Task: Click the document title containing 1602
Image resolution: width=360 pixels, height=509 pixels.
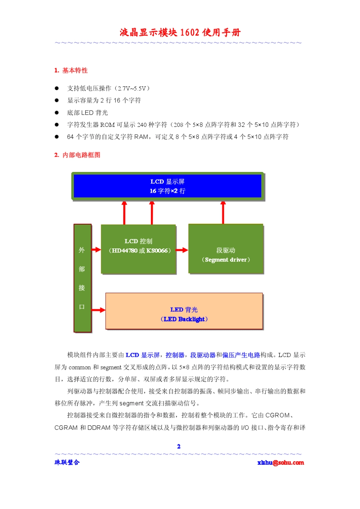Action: click(x=180, y=33)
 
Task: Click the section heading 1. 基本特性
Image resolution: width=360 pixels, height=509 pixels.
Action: click(x=71, y=70)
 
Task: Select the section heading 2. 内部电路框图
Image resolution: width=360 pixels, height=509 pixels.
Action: click(x=77, y=155)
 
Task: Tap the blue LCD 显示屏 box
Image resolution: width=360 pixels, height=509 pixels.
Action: click(x=167, y=186)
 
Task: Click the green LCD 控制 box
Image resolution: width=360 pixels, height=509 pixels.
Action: click(x=138, y=249)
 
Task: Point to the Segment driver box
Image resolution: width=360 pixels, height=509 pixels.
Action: click(x=226, y=249)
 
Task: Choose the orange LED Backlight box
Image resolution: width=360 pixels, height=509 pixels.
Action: click(x=184, y=311)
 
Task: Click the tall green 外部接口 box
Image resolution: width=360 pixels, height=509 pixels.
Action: click(x=82, y=278)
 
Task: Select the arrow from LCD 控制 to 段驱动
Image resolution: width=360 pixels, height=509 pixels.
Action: click(x=182, y=250)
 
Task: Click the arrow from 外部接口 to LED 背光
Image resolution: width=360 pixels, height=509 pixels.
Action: click(x=98, y=310)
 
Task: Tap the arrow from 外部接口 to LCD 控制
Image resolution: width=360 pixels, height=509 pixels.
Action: click(x=96, y=250)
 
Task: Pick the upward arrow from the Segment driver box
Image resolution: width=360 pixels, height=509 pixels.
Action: click(x=223, y=212)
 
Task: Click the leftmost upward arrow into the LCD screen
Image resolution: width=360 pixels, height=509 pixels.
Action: click(x=124, y=212)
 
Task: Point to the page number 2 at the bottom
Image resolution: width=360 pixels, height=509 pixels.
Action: click(x=179, y=447)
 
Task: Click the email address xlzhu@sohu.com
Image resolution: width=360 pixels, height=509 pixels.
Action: click(x=280, y=462)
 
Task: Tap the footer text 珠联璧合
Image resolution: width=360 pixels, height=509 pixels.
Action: click(x=67, y=462)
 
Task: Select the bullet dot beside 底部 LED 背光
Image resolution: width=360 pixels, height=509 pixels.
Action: click(x=57, y=112)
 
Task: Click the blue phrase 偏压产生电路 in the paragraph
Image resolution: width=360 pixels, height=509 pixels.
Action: click(x=241, y=355)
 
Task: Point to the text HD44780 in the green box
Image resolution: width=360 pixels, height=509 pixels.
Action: click(x=125, y=251)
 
